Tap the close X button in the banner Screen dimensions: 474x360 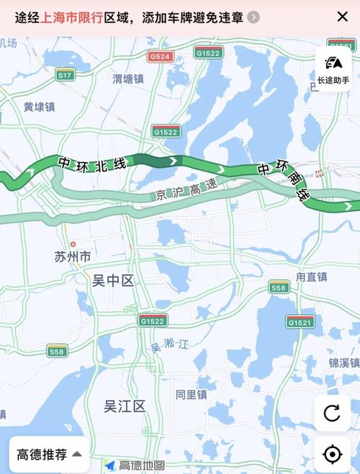[x=342, y=16]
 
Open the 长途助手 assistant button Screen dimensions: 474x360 [x=333, y=70]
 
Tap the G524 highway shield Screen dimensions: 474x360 [x=159, y=55]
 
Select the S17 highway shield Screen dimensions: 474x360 [x=66, y=75]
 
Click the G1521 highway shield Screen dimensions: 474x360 [x=300, y=321]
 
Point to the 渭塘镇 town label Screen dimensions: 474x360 [x=130, y=79]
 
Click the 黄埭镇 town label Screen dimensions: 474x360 [x=39, y=107]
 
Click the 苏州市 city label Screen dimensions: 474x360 [x=73, y=256]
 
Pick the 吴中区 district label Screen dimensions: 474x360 [x=113, y=281]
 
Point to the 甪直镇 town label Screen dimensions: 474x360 [x=311, y=277]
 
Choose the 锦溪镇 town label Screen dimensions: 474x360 [x=343, y=362]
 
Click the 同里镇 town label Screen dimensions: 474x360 [x=191, y=395]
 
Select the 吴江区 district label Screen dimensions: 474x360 [x=124, y=406]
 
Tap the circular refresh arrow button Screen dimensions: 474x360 [x=332, y=413]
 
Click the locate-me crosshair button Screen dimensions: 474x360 [x=332, y=454]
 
